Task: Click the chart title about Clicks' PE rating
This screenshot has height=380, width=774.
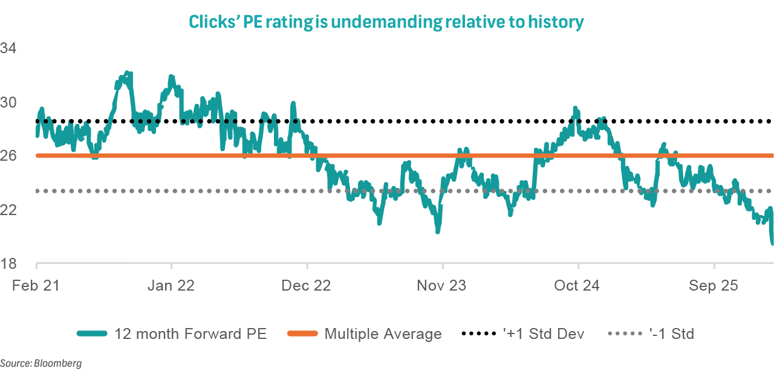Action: point(386,22)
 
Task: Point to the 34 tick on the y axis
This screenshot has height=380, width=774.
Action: point(10,48)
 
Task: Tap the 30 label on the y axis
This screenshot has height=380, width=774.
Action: point(10,102)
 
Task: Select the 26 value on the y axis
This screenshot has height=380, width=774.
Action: point(10,156)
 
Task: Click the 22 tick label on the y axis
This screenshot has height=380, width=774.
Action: point(10,210)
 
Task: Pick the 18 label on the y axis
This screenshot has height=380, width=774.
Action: point(10,264)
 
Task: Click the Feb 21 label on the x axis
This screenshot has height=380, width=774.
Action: point(36,286)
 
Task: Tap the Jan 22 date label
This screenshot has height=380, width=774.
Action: point(172,286)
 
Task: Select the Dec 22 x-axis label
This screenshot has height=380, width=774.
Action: point(307,286)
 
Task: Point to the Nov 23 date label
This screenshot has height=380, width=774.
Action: point(443,286)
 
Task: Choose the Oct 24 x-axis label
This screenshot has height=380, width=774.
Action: point(578,286)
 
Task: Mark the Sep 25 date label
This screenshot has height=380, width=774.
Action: point(714,286)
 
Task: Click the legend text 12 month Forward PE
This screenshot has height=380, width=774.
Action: point(190,333)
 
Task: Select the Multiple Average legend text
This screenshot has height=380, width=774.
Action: point(383,333)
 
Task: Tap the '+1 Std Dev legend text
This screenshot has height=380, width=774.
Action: point(544,333)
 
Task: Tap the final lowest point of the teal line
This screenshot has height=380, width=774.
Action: point(773,243)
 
